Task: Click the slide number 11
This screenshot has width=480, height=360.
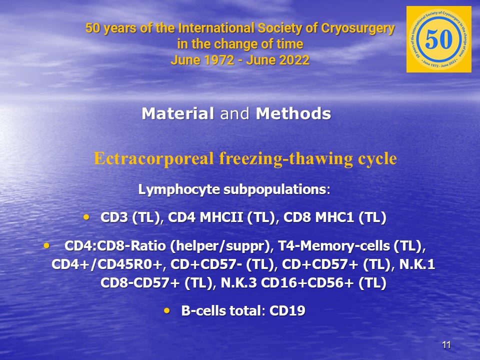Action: point(446,345)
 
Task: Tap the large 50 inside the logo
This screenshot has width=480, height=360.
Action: point(438,39)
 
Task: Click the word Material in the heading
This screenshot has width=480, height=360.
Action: point(177,113)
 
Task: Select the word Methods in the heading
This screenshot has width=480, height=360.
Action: point(293,113)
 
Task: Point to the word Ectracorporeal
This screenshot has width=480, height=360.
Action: point(153,158)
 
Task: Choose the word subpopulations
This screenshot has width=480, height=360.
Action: point(274,189)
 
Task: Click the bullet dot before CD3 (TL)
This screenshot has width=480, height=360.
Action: point(86,217)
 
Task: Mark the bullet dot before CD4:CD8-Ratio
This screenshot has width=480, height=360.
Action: point(46,245)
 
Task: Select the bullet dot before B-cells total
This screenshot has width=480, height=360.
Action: point(167,310)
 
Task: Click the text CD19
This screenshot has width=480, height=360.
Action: point(287,310)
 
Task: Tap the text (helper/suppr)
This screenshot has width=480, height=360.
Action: point(220,246)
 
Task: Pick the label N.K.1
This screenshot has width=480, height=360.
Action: point(417,264)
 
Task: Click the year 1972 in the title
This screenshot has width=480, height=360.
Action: point(219,60)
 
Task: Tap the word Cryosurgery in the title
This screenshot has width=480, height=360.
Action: point(358,28)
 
